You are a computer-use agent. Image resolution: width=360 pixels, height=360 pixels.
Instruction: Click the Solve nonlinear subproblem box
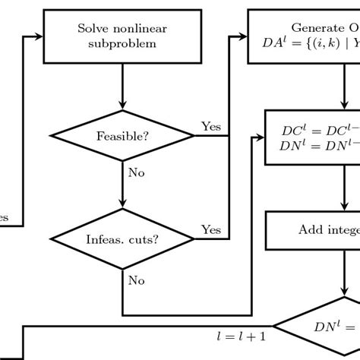click(122, 36)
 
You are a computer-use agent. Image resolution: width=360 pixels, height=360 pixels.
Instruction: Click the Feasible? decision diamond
click(122, 137)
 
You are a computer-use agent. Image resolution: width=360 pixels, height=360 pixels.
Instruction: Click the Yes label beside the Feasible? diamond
click(210, 125)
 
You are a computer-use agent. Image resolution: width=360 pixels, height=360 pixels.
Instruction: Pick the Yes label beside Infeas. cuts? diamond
click(210, 229)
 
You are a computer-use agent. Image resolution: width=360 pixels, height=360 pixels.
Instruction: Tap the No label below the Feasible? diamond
click(136, 172)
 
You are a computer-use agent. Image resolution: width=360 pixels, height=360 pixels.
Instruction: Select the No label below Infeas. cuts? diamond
click(136, 280)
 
